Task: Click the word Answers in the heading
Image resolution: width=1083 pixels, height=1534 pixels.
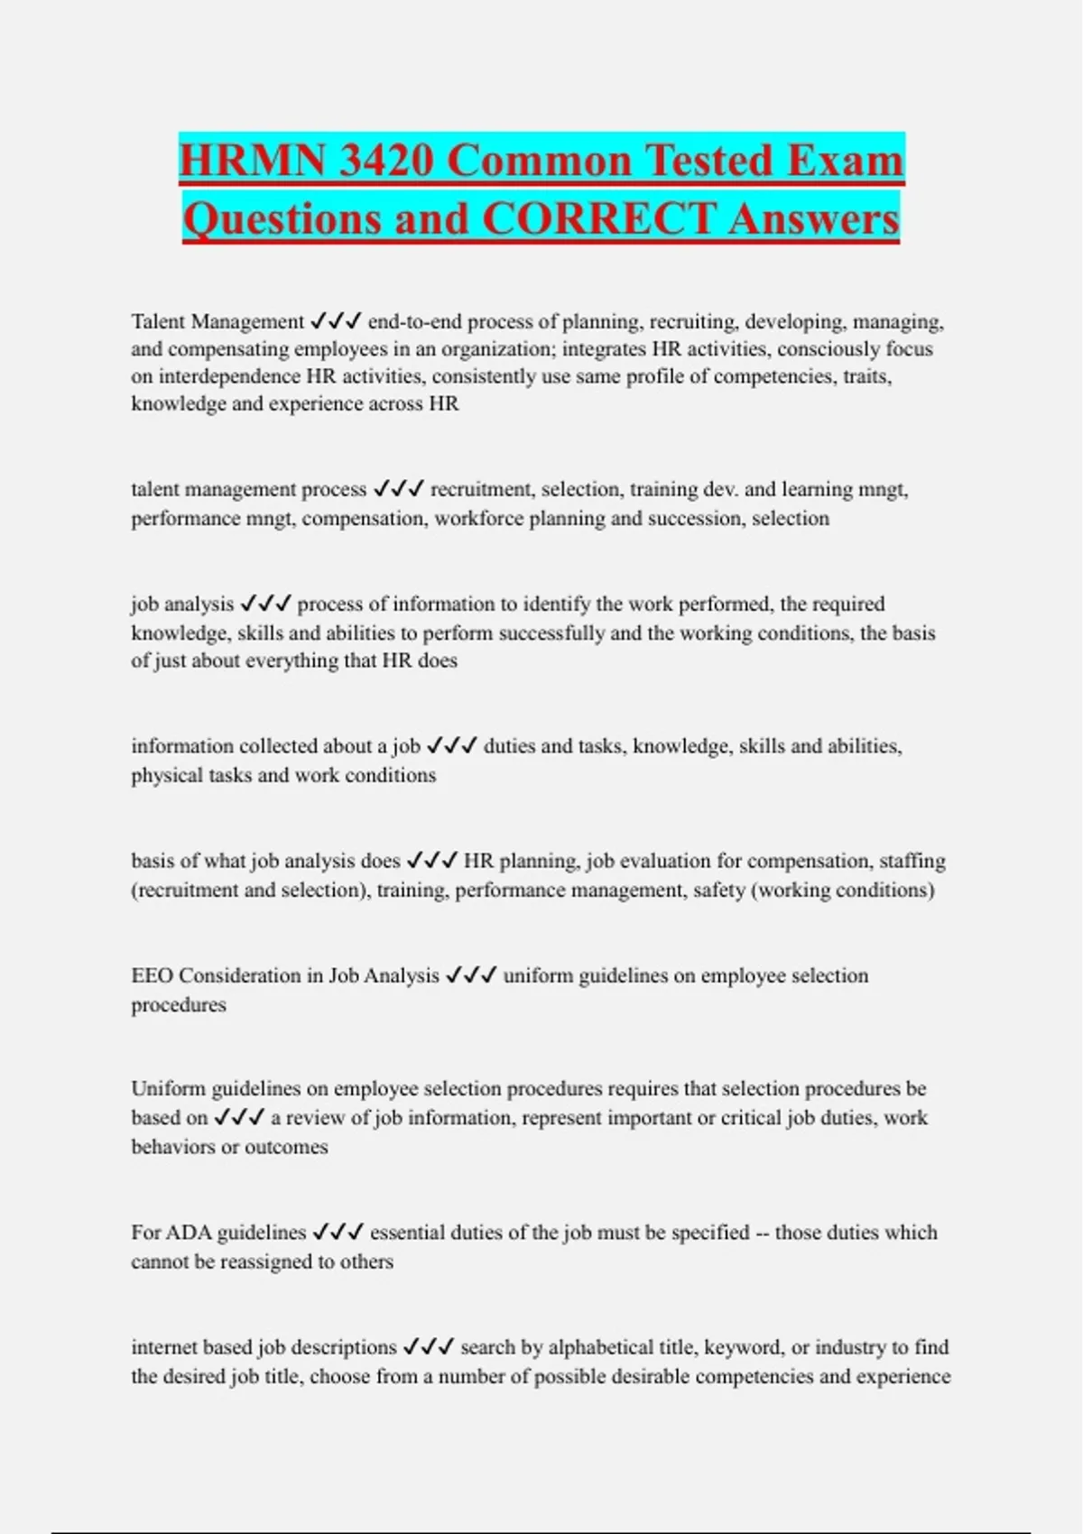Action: coord(814,218)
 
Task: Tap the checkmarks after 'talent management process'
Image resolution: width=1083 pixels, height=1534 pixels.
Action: coord(398,489)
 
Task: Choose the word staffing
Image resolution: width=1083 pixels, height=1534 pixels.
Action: coord(912,861)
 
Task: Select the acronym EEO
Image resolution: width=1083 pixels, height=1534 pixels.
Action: coord(153,975)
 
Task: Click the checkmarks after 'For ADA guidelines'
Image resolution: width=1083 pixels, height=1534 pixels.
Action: coord(338,1233)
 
